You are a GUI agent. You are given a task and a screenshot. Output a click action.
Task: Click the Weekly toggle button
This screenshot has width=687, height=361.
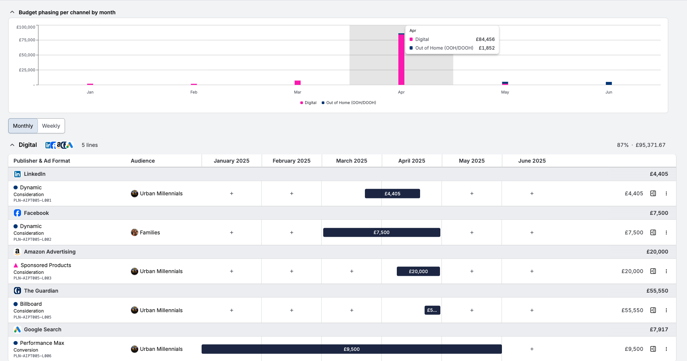(51, 126)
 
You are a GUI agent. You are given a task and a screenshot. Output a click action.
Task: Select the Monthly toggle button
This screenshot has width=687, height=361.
(23, 126)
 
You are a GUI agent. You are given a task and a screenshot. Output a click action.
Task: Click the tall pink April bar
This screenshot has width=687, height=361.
(401, 60)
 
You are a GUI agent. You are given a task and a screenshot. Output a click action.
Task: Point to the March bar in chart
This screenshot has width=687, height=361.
(298, 83)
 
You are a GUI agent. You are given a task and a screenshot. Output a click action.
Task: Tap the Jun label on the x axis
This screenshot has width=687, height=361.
(609, 92)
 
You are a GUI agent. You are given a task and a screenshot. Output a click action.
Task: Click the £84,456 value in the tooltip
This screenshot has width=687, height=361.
(485, 39)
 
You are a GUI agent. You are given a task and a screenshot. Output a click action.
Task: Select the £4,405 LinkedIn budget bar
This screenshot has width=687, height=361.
(392, 193)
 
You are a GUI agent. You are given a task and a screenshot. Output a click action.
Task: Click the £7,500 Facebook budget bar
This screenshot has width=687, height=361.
(381, 233)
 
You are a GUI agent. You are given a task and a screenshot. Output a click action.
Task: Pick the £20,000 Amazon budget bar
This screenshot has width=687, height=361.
(418, 271)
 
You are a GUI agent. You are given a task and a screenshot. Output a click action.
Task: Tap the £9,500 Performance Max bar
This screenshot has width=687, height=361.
(351, 349)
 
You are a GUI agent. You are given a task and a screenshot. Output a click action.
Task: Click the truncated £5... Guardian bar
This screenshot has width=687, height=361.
(432, 310)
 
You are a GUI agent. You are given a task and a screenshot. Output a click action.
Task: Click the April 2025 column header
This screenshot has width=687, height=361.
(411, 161)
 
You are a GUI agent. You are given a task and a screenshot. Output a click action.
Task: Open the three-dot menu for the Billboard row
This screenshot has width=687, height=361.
(666, 310)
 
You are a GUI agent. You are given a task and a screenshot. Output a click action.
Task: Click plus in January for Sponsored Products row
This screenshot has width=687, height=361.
(232, 271)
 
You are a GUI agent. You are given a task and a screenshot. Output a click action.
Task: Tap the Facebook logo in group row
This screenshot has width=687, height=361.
(17, 213)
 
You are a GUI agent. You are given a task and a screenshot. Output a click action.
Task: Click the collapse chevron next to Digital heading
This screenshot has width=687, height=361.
(12, 145)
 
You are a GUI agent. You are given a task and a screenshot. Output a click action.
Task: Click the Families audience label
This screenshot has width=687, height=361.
(150, 233)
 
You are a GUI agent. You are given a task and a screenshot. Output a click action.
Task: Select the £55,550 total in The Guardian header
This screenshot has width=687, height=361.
(657, 291)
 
